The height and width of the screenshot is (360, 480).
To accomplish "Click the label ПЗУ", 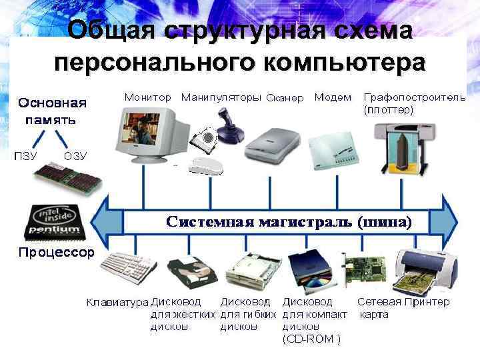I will tap(26, 155).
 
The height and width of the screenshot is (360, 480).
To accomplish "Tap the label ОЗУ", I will tap(75, 155).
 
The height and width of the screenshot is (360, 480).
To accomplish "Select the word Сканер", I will tap(285, 98).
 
